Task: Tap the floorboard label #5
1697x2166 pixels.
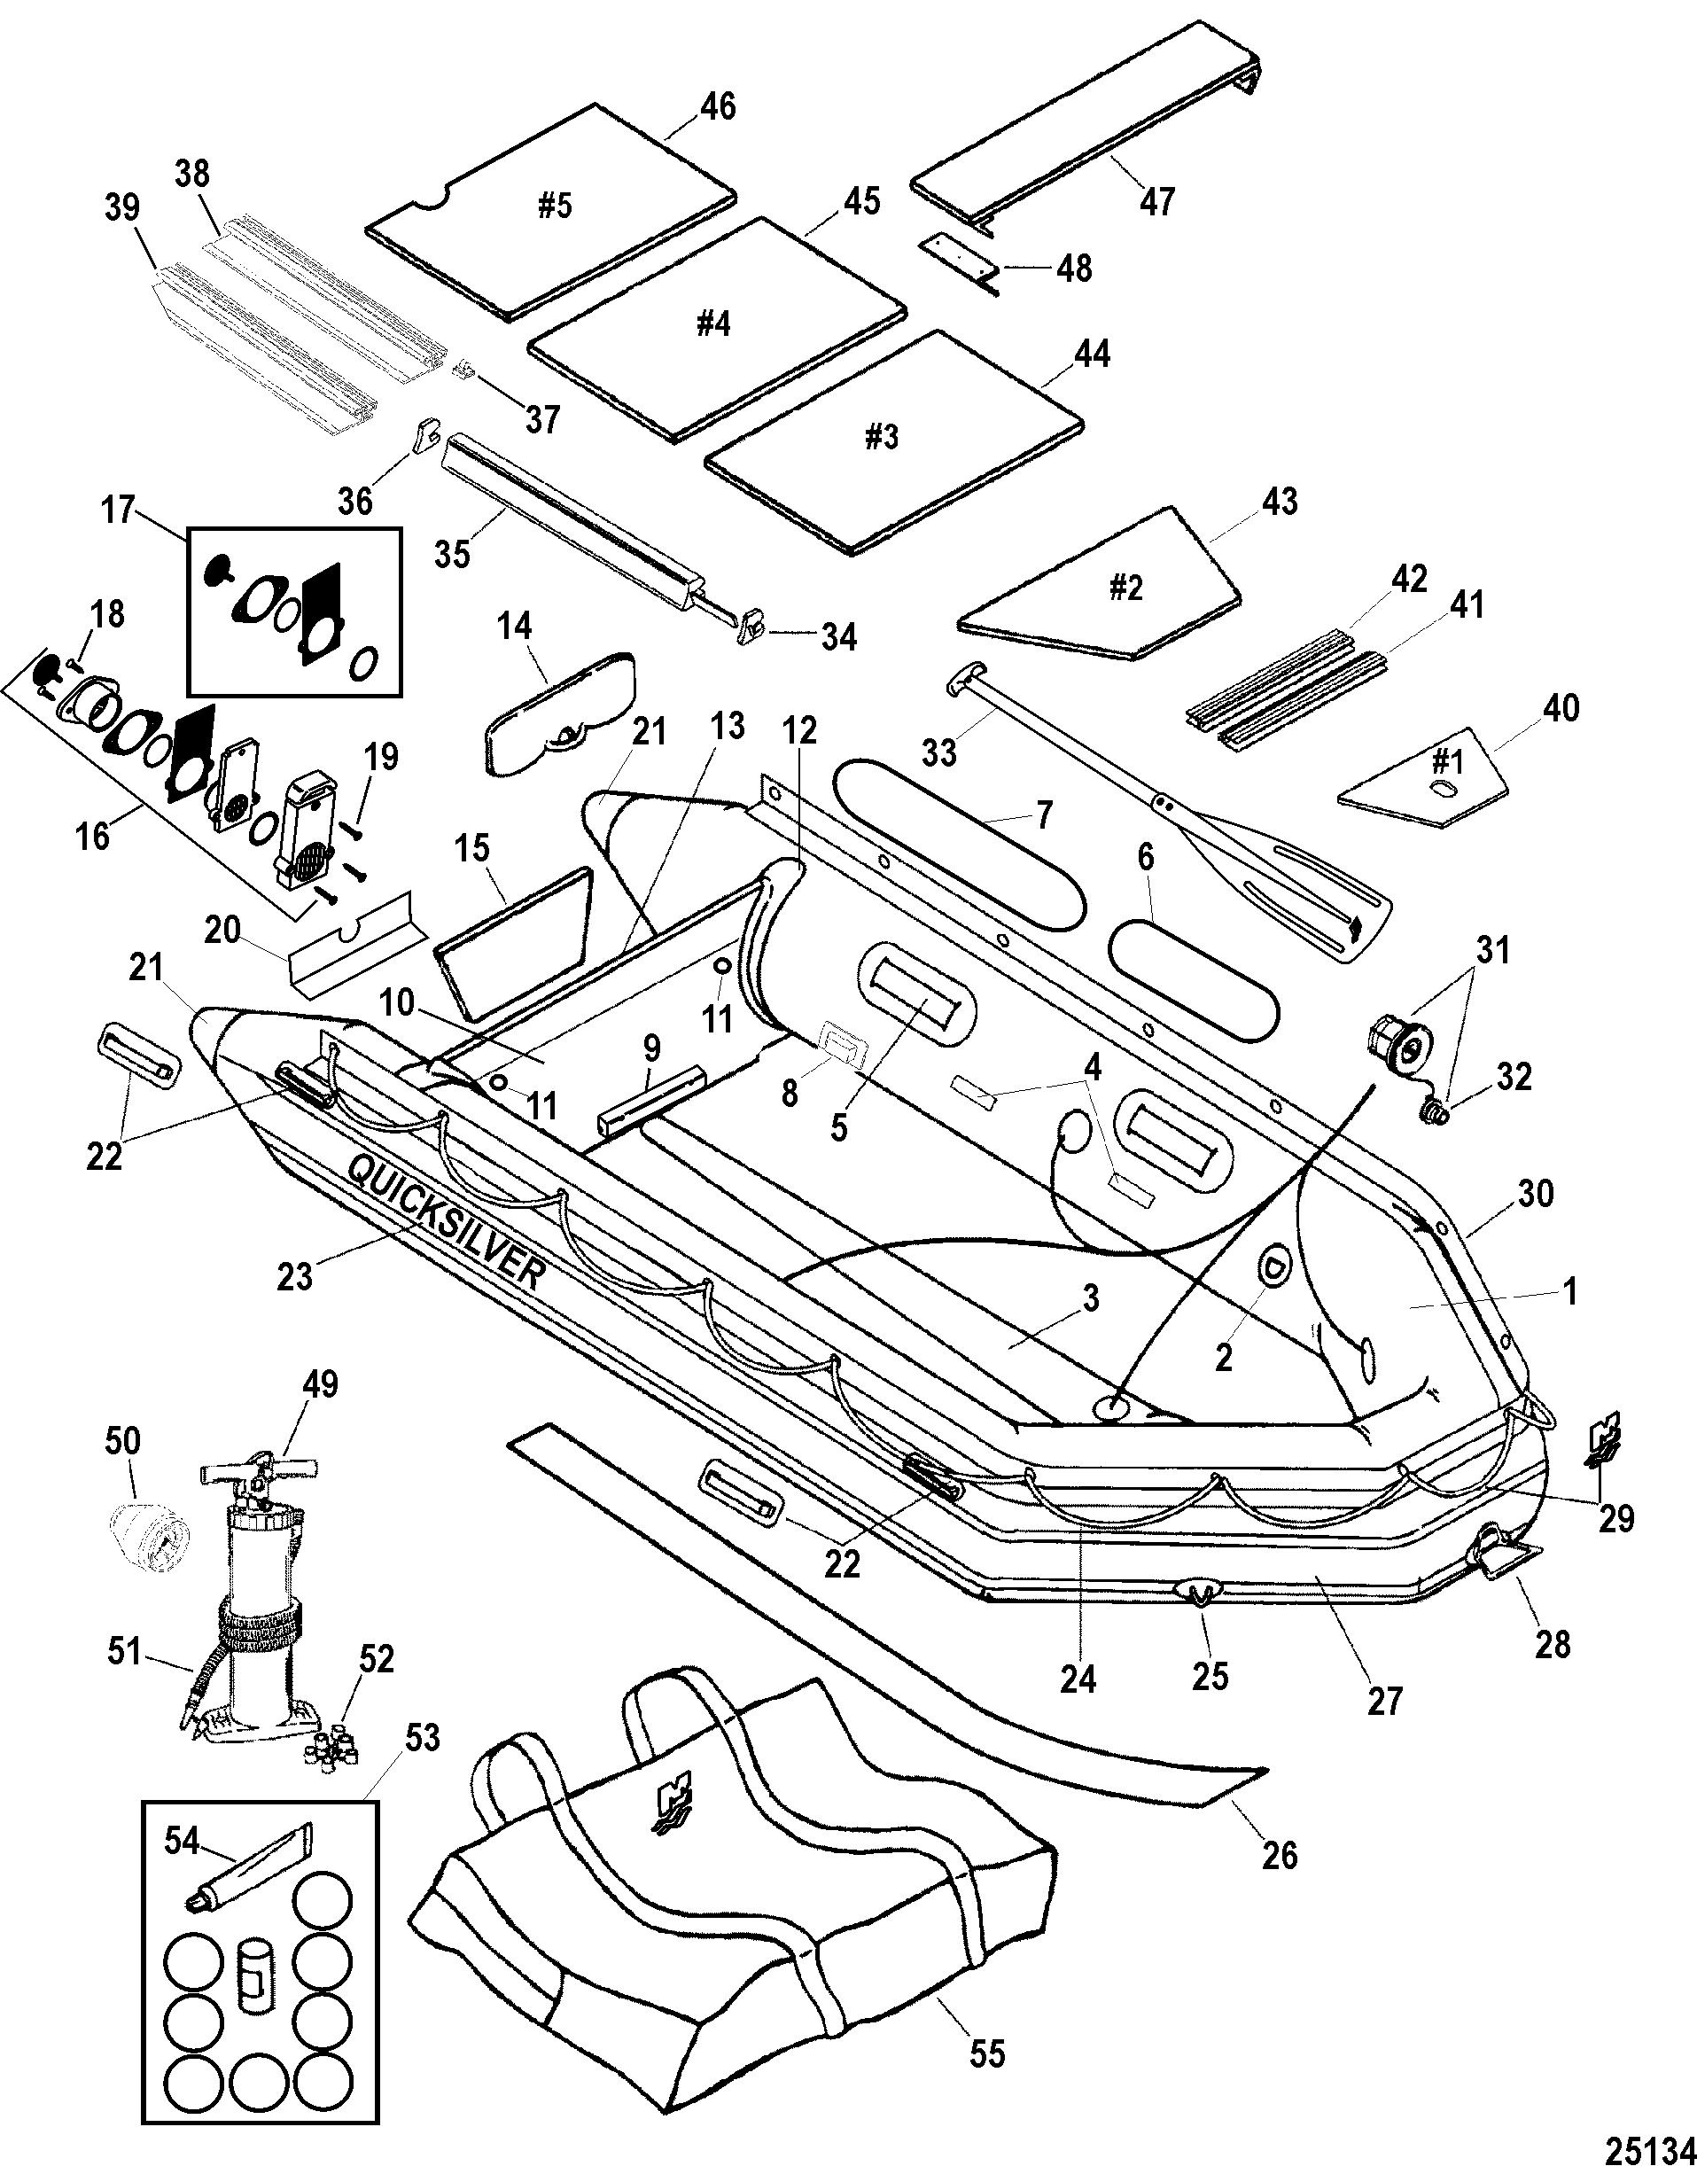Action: click(x=556, y=206)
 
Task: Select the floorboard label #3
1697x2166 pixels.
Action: click(x=883, y=437)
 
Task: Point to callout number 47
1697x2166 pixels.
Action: click(x=1157, y=199)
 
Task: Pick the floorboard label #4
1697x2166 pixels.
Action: click(x=712, y=325)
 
